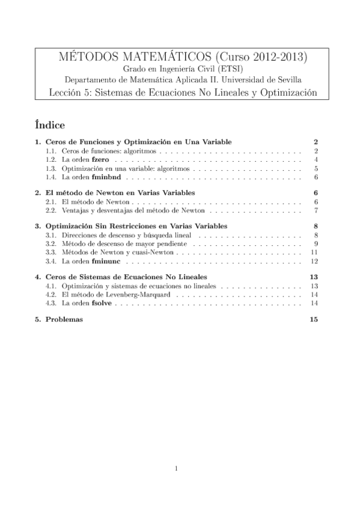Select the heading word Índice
(x=50, y=125)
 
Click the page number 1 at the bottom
(x=177, y=467)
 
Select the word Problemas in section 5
(x=64, y=319)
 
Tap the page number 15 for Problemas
(x=313, y=319)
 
